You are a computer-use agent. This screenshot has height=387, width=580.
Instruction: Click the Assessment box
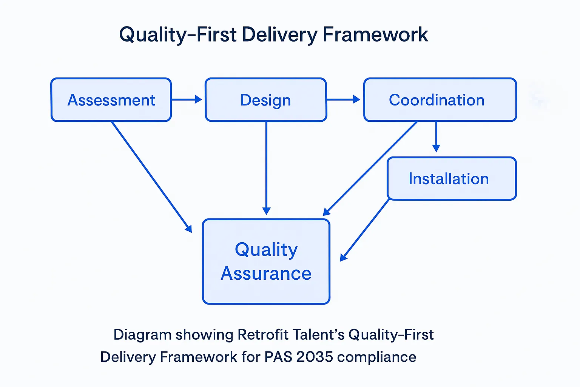(x=111, y=100)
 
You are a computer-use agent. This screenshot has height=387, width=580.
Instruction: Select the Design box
(x=266, y=100)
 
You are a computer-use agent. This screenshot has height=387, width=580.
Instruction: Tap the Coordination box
(x=440, y=100)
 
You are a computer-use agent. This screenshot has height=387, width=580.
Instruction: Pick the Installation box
(x=452, y=178)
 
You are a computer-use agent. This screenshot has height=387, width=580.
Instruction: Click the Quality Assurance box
(x=266, y=262)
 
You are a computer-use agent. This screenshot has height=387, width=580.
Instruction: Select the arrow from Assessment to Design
(x=187, y=99)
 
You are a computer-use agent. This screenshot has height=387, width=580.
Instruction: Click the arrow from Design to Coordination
(x=343, y=99)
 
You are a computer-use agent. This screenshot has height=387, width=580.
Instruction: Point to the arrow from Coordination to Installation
(x=436, y=137)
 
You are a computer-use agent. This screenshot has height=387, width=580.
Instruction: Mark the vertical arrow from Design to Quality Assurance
(x=266, y=168)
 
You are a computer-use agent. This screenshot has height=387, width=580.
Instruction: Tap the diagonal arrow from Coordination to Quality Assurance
(x=370, y=169)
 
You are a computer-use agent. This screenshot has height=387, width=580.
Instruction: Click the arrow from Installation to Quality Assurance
(x=364, y=230)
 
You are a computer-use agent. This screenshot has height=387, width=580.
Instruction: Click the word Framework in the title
(x=375, y=35)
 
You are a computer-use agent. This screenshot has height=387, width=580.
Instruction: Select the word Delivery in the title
(x=279, y=35)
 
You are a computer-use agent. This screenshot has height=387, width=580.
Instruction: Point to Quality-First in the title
(x=177, y=35)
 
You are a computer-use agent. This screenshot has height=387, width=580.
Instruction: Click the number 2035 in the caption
(x=315, y=357)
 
